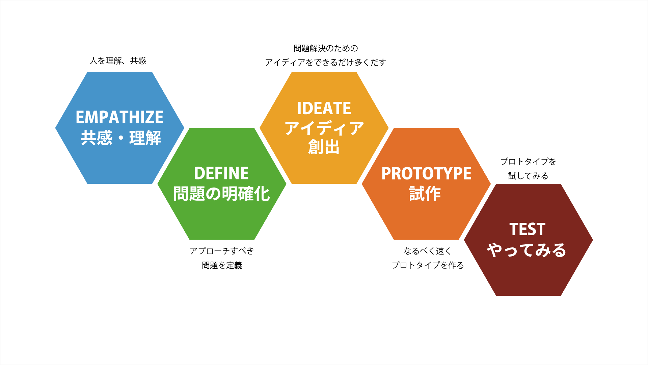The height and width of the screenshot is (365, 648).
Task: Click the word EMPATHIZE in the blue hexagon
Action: pos(119,117)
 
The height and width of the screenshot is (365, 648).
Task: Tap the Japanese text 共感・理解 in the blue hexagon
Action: pos(121,138)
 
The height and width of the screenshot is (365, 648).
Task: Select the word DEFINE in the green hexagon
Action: pos(221,173)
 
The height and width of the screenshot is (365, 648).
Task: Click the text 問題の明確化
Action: pos(222,194)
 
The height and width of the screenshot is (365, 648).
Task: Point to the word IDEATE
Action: pos(324,108)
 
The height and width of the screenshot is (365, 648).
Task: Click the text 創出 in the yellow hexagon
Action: pos(324,147)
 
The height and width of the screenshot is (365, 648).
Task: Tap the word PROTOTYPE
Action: pos(426,174)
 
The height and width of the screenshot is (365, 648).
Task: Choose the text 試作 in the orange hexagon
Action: pos(425,194)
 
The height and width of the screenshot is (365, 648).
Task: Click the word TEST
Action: pos(527,229)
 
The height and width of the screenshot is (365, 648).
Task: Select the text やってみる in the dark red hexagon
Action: pos(526,250)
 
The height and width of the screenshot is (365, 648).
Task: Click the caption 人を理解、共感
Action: pos(118,61)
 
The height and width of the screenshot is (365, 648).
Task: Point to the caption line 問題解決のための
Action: pos(326,48)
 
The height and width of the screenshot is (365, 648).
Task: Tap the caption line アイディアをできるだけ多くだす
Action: pos(325,63)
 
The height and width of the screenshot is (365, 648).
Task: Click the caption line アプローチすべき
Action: pos(222,251)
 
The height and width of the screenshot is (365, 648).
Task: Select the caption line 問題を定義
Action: pos(222,265)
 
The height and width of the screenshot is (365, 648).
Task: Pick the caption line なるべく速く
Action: pos(427,251)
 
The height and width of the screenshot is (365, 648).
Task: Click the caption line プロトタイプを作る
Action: pos(428,265)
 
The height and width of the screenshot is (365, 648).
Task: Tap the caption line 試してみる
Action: pos(528,176)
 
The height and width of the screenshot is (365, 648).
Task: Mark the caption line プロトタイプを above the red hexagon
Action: pos(528,162)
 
